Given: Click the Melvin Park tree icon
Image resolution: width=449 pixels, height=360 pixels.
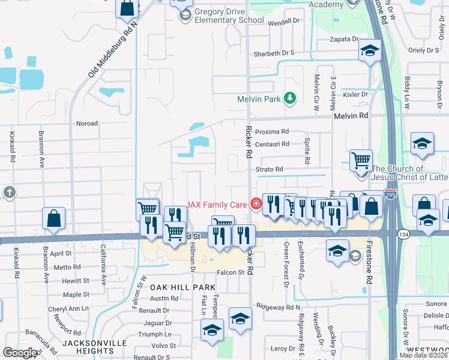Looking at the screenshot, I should click(x=290, y=97).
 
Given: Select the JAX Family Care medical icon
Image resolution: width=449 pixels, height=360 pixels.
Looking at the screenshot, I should click(x=256, y=204).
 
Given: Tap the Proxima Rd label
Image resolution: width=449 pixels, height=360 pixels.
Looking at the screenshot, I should click(x=272, y=131).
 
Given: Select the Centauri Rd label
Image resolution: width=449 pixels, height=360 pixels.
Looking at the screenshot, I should click(x=272, y=144).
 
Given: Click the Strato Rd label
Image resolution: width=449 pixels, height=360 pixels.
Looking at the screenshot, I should click(x=270, y=169).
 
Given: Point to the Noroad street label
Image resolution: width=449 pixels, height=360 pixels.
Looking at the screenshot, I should click(x=86, y=124).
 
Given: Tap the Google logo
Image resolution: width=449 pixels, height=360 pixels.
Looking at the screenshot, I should click(x=19, y=352).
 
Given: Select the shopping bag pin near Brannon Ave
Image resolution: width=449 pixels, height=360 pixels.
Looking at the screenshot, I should click(x=54, y=219).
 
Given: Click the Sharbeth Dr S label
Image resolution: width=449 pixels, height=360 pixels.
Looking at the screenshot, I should click(x=274, y=53).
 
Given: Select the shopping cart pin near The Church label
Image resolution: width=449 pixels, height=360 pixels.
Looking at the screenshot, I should click(x=361, y=160).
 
